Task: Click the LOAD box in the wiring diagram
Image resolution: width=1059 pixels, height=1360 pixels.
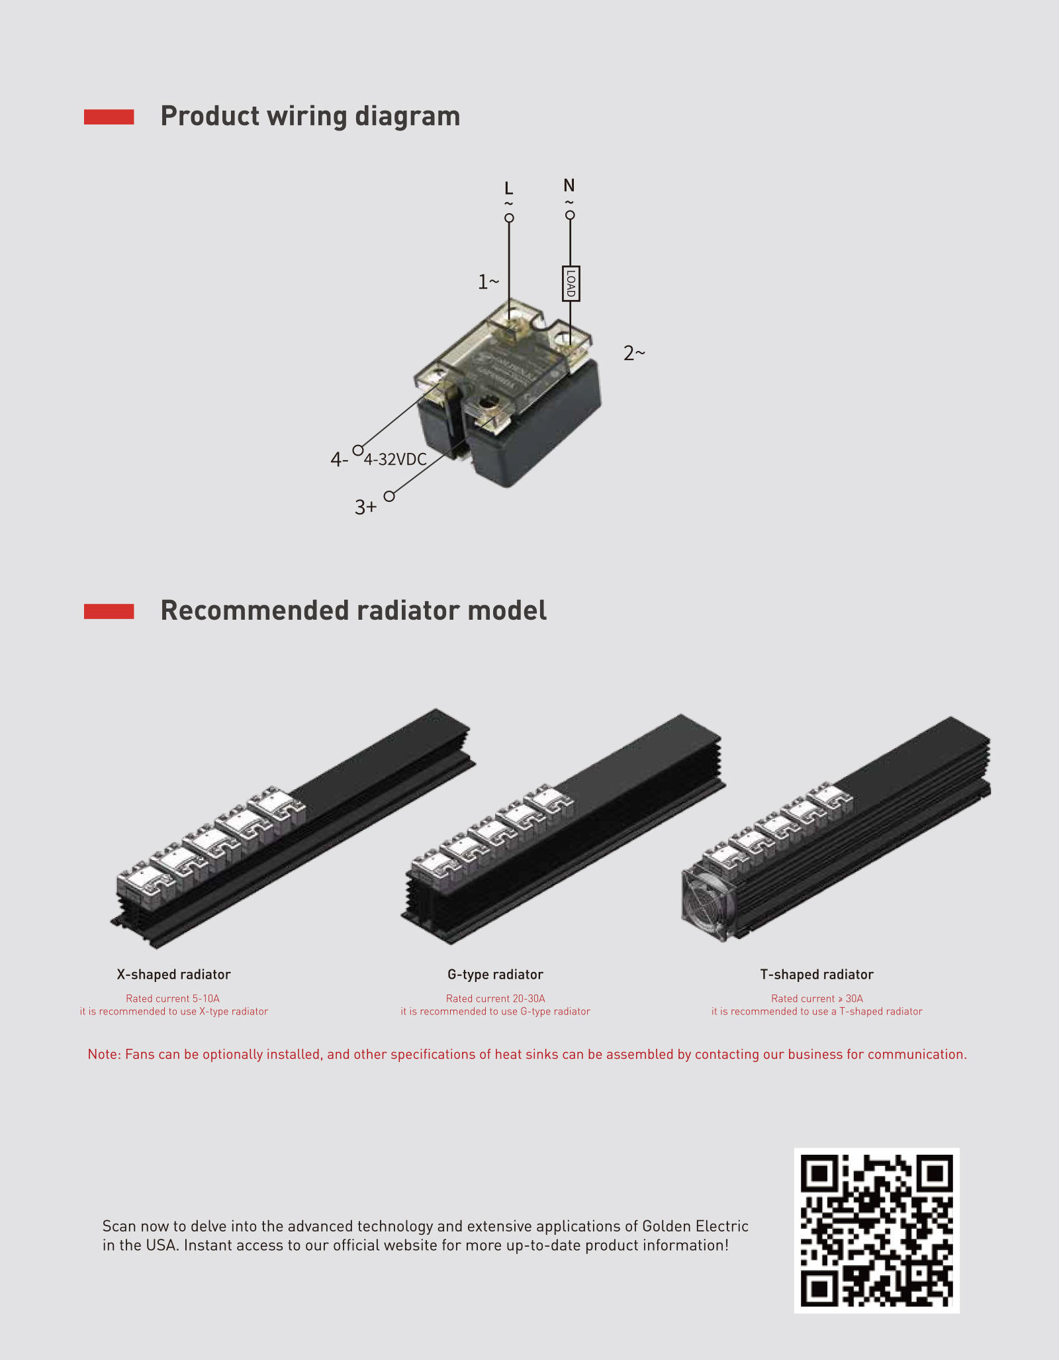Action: click(571, 283)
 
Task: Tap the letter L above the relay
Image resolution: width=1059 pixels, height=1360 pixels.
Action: click(508, 189)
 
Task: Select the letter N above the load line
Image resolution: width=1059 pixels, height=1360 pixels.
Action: click(569, 185)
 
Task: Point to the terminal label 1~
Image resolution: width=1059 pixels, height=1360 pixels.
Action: click(488, 282)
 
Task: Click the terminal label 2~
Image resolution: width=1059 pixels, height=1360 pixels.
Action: click(634, 353)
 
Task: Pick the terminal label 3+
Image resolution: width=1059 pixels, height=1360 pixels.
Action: click(365, 507)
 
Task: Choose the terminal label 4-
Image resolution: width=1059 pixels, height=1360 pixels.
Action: click(339, 460)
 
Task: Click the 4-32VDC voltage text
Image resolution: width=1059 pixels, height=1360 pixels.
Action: click(395, 460)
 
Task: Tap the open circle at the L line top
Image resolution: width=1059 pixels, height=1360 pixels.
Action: click(509, 218)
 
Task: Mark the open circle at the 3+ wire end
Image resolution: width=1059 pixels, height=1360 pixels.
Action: click(389, 496)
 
